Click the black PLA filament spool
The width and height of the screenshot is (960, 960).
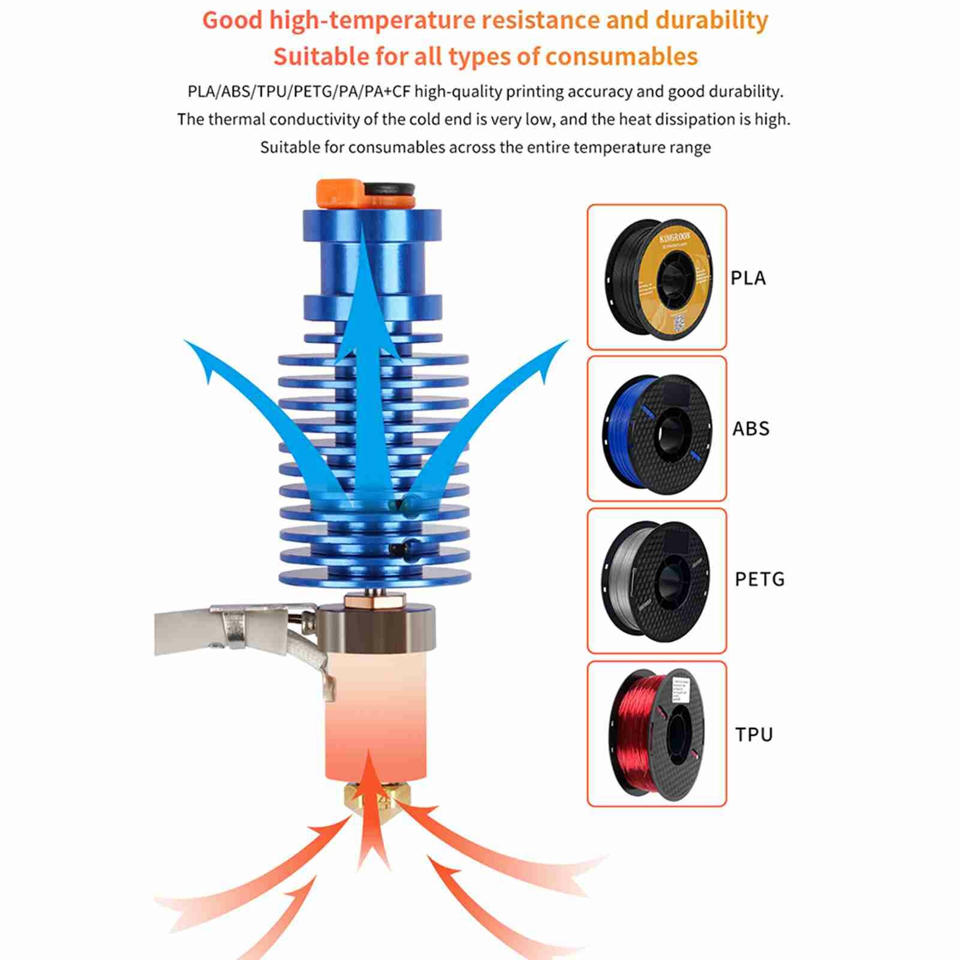tap(658, 276)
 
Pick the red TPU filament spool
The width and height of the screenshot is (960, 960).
tap(657, 733)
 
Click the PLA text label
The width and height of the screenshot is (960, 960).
tap(748, 278)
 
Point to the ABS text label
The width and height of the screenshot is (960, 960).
tap(750, 429)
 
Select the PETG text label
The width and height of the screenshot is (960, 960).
tap(759, 579)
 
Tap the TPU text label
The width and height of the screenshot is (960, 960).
tap(754, 735)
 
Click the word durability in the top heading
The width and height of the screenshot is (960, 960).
tap(711, 20)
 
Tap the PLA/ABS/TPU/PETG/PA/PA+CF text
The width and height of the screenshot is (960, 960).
tap(298, 92)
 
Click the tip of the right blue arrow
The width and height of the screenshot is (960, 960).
tap(566, 342)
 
